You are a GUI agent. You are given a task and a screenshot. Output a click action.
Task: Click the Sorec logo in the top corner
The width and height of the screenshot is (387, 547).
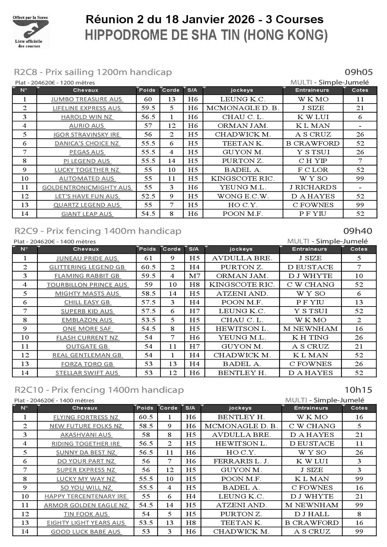pos(31,31)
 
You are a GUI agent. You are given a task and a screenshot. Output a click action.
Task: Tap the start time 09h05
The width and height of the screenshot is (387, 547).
pos(358,72)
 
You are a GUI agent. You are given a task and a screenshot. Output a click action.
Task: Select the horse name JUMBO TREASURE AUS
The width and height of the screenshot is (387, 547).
pos(87,99)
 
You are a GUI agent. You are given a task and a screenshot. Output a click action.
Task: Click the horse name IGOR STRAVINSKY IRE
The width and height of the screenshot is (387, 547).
pos(87,134)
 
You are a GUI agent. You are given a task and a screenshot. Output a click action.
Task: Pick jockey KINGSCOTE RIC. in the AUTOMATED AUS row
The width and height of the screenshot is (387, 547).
pos(243,179)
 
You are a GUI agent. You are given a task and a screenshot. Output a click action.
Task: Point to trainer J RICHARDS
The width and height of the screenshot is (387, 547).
pos(313,187)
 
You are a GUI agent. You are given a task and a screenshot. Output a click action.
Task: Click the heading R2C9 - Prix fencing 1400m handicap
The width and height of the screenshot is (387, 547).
pos(98,231)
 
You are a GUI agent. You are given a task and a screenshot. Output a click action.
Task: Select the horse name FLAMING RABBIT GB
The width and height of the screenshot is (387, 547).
pos(87,276)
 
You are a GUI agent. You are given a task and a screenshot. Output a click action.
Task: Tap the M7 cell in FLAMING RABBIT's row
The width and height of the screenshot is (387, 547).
pos(194,276)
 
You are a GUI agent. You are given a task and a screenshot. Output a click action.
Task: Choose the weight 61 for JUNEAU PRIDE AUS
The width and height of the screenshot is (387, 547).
pos(148,258)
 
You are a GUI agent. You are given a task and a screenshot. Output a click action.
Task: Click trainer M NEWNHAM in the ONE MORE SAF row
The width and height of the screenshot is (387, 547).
pos(310,329)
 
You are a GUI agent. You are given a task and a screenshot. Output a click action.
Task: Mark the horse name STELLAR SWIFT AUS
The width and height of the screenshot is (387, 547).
pos(87,373)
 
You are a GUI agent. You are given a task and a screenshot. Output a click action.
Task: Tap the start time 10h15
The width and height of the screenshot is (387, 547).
pos(358,390)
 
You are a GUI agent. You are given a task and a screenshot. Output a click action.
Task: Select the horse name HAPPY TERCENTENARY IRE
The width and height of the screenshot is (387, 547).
pos(86,496)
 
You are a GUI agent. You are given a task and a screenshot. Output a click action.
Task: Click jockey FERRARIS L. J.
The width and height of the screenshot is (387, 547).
pos(241,461)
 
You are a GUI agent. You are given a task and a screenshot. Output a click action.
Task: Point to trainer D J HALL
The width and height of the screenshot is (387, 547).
pos(312,514)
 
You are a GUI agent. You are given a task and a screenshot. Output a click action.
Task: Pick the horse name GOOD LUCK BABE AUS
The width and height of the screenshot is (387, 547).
pos(86,532)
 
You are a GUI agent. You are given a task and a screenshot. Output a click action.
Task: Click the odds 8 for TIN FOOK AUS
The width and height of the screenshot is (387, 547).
pos(359,514)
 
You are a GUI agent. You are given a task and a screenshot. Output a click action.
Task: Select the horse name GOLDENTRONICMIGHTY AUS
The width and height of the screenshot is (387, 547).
pos(87,188)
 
